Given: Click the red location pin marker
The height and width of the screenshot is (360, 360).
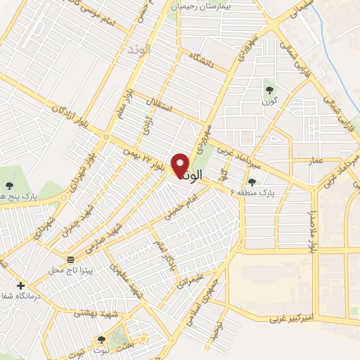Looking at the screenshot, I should (181, 165).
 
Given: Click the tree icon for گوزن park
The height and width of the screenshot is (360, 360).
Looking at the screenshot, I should (269, 89).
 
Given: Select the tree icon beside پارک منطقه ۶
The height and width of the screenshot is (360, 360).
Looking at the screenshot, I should (252, 183).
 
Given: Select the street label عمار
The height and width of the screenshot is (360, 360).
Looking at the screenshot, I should (316, 162).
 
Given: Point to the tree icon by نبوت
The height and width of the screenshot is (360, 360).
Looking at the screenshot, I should (102, 340).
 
